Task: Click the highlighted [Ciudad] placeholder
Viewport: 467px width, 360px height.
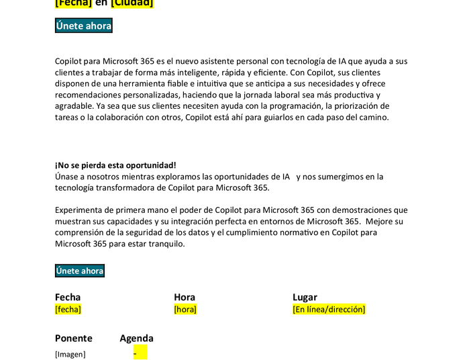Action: point(132,3)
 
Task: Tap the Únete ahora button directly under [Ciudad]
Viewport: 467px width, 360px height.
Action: point(84,26)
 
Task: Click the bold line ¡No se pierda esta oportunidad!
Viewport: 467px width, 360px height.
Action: point(115,165)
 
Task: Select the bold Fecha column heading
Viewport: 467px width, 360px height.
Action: point(68,297)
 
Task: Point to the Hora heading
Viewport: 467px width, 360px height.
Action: point(185,297)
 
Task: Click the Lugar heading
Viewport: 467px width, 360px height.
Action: point(305,297)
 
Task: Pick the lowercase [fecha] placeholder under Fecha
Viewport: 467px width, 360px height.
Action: point(68,309)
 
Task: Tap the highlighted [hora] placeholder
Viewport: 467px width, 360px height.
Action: point(185,309)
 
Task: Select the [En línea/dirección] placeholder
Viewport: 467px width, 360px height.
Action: point(329,309)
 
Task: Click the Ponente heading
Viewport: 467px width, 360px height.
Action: point(74,339)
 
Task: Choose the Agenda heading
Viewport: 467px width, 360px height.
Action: point(136,339)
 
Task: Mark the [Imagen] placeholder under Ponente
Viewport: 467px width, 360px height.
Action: point(70,354)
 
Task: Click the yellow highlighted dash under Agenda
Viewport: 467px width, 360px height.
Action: point(140,353)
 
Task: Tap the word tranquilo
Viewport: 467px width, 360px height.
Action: point(164,244)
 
